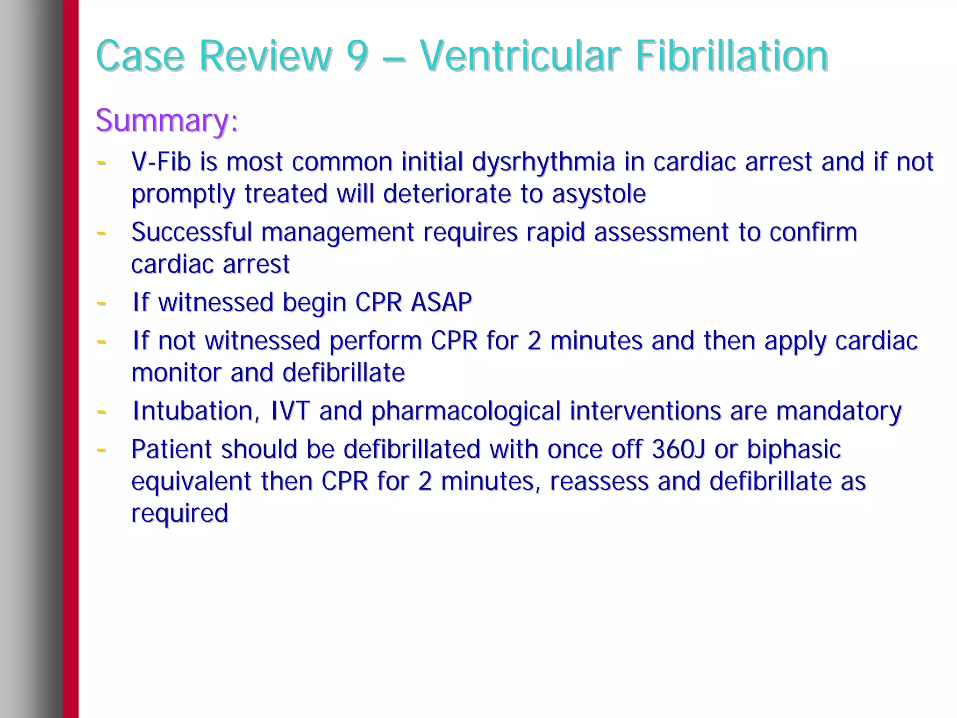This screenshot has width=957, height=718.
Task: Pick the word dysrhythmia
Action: (x=543, y=163)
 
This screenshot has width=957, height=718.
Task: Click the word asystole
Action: (x=599, y=194)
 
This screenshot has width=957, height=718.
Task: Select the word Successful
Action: (x=191, y=232)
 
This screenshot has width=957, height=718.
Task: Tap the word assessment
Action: (x=661, y=232)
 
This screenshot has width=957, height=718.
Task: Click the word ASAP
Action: (x=441, y=302)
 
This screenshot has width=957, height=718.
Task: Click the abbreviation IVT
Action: (x=290, y=411)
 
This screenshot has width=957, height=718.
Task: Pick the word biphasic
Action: (x=793, y=449)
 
